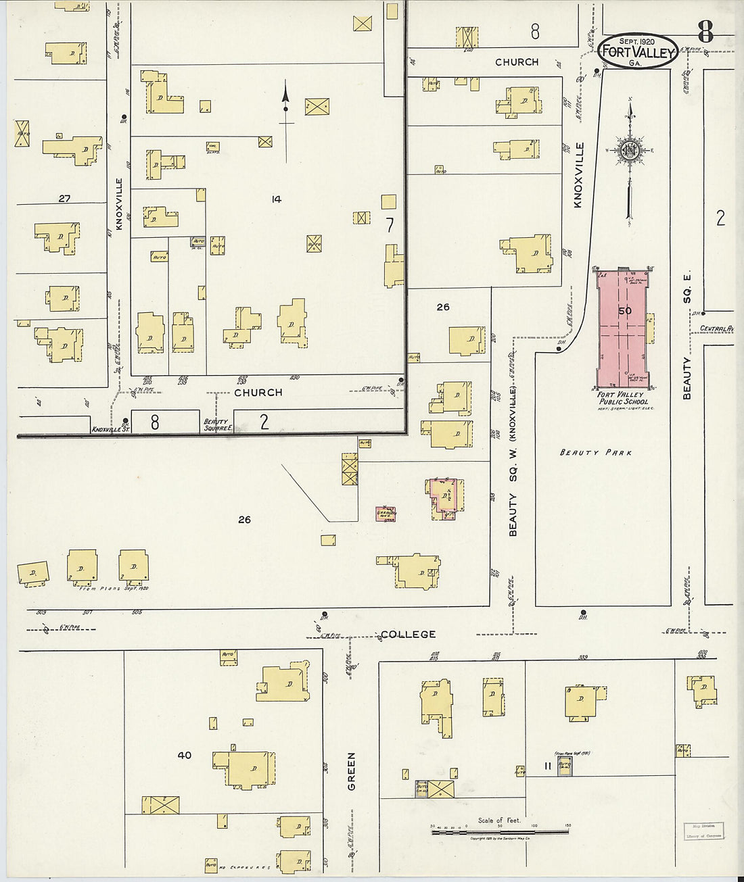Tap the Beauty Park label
point(596,452)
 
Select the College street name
point(408,634)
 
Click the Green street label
point(352,772)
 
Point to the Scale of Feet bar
point(500,831)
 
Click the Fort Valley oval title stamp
point(638,51)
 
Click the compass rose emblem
point(630,152)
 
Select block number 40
point(184,755)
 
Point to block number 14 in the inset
point(276,199)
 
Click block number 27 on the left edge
point(64,198)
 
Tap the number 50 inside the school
point(624,311)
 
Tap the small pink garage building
point(386,514)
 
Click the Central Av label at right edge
point(716,329)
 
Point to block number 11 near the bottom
point(547,766)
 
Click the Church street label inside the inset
point(258,392)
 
